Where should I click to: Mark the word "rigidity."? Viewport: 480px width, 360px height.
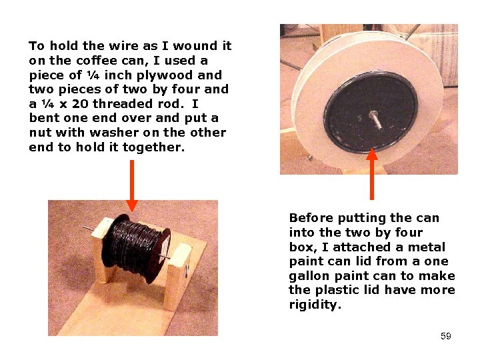pos(315,305)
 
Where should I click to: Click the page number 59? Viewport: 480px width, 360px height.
pos(445,336)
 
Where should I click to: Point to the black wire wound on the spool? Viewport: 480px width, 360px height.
pos(133,247)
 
